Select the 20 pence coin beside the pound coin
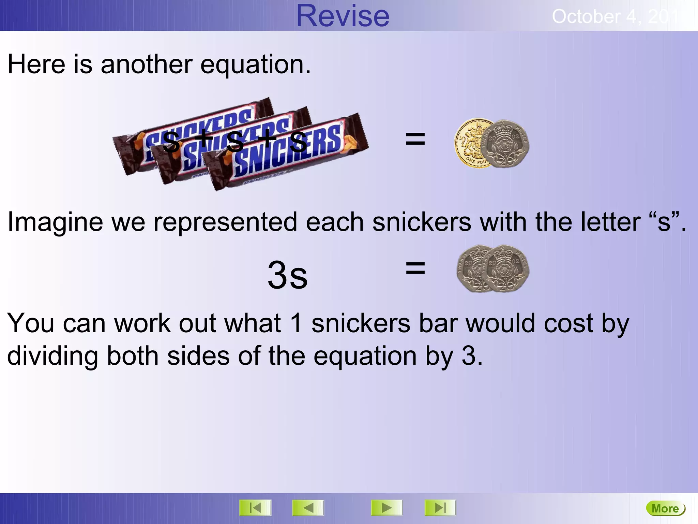(x=506, y=143)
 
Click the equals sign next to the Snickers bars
(x=415, y=139)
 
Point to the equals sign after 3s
(x=415, y=268)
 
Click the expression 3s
(x=287, y=275)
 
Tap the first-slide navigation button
(x=255, y=508)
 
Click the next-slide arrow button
(x=386, y=508)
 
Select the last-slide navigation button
(x=440, y=508)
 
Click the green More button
(x=665, y=509)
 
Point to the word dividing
(x=52, y=356)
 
